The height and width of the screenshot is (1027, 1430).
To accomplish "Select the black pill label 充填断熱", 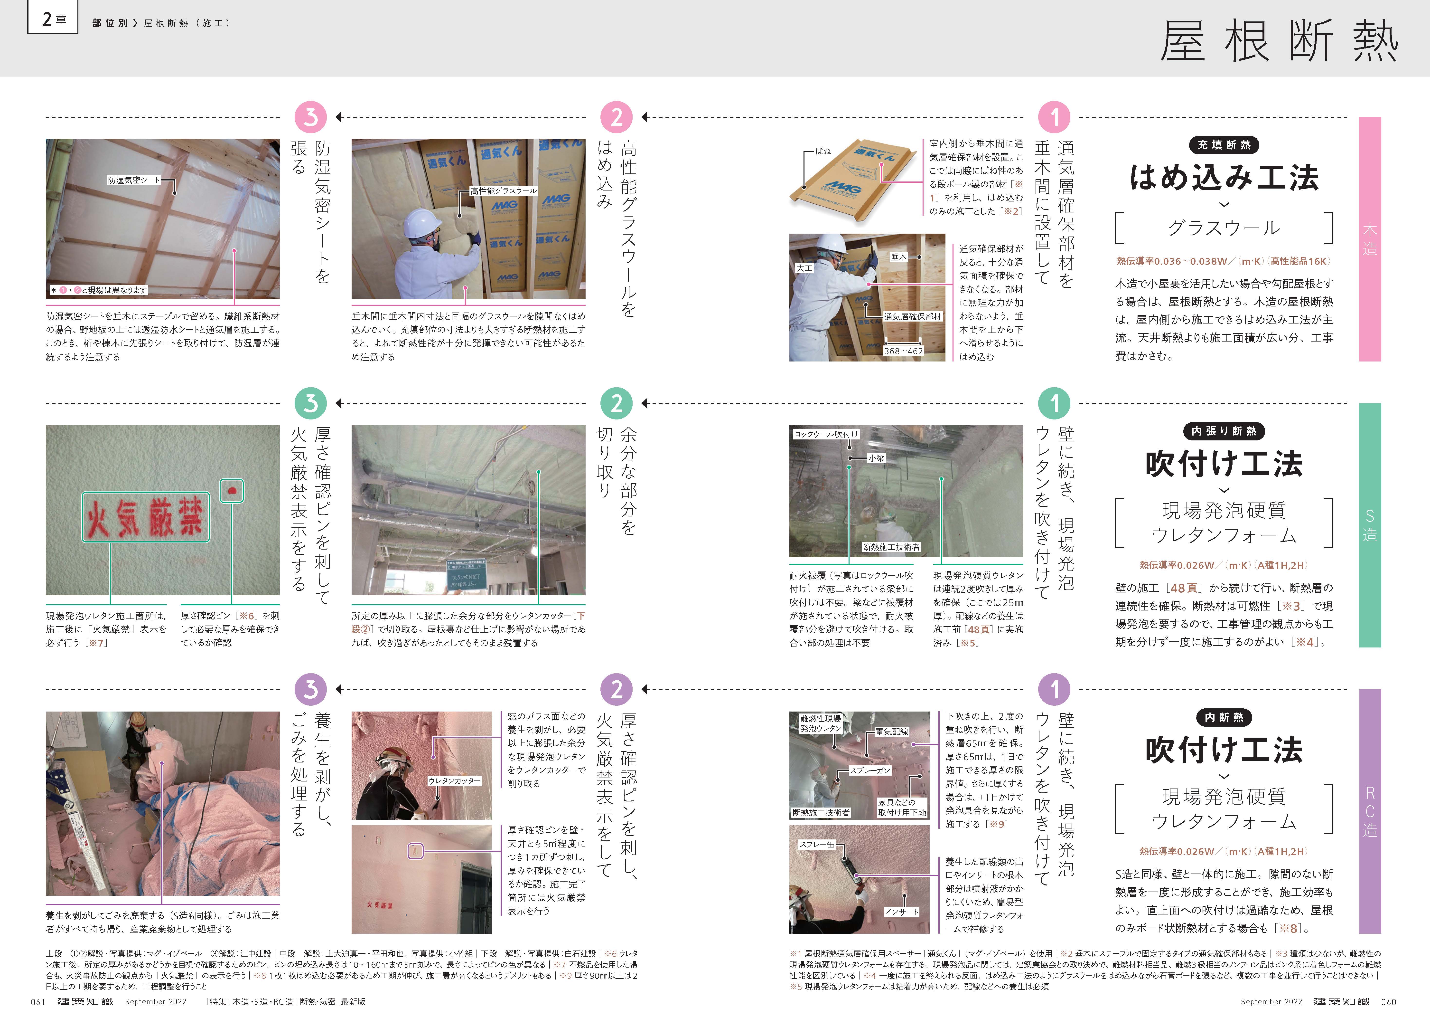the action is [x=1224, y=145].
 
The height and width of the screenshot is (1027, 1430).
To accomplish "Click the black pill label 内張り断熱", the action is [x=1224, y=431].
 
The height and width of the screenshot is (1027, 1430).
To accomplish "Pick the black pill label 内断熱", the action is [x=1224, y=717].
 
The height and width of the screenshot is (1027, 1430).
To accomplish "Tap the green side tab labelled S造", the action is [x=1369, y=525].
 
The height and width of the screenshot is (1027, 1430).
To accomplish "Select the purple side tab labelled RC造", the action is [x=1369, y=811].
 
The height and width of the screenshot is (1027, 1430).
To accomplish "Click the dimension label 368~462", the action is [x=903, y=351].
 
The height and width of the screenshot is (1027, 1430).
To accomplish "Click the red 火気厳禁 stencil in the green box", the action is [x=146, y=517].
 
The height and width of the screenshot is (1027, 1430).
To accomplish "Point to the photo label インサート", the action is [x=902, y=912].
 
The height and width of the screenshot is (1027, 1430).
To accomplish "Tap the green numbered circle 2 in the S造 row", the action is [x=617, y=403].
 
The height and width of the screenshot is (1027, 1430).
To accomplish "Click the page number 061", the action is [x=38, y=1002].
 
